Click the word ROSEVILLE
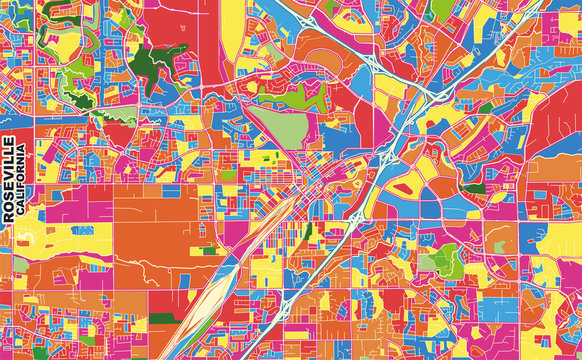(9, 179)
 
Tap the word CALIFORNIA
(22, 179)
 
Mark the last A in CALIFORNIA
(22, 146)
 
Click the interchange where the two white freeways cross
(430, 95)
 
